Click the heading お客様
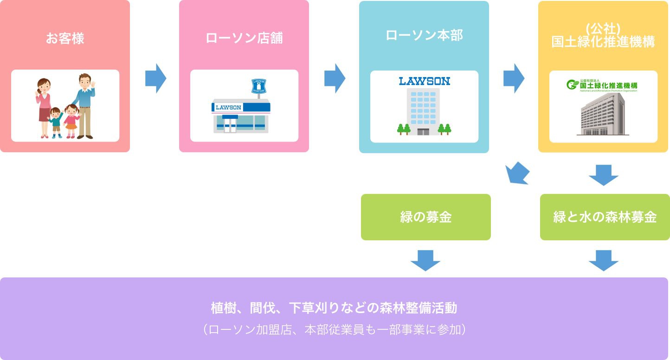pyautogui.click(x=65, y=38)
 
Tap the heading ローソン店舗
pyautogui.click(x=244, y=38)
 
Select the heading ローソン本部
pyautogui.click(x=424, y=36)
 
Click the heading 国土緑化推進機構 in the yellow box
pyautogui.click(x=603, y=42)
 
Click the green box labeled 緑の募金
pyautogui.click(x=425, y=217)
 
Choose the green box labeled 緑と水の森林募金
pyautogui.click(x=605, y=217)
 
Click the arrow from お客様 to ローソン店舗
pyautogui.click(x=155, y=78)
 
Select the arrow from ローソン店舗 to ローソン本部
pyautogui.click(x=335, y=78)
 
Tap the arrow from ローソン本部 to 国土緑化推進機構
pyautogui.click(x=514, y=78)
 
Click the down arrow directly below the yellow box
pyautogui.click(x=603, y=174)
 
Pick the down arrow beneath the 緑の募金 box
pyautogui.click(x=425, y=260)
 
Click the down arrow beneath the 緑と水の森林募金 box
pyautogui.click(x=603, y=260)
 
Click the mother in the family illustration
pyautogui.click(x=45, y=107)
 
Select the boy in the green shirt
pyautogui.click(x=56, y=122)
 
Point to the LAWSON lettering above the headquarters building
pyautogui.click(x=424, y=81)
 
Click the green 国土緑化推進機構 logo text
pyautogui.click(x=608, y=85)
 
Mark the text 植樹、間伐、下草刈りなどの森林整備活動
pyautogui.click(x=334, y=308)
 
